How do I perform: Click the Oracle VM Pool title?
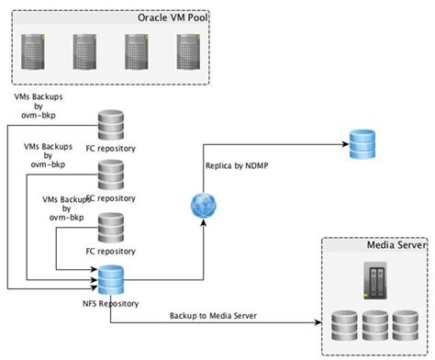[x=171, y=17]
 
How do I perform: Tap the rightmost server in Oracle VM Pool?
[x=188, y=53]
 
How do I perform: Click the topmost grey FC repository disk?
[x=111, y=123]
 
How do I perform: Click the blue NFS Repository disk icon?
[x=111, y=277]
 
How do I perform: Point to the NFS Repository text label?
[x=111, y=301]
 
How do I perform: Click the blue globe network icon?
[x=201, y=204]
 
